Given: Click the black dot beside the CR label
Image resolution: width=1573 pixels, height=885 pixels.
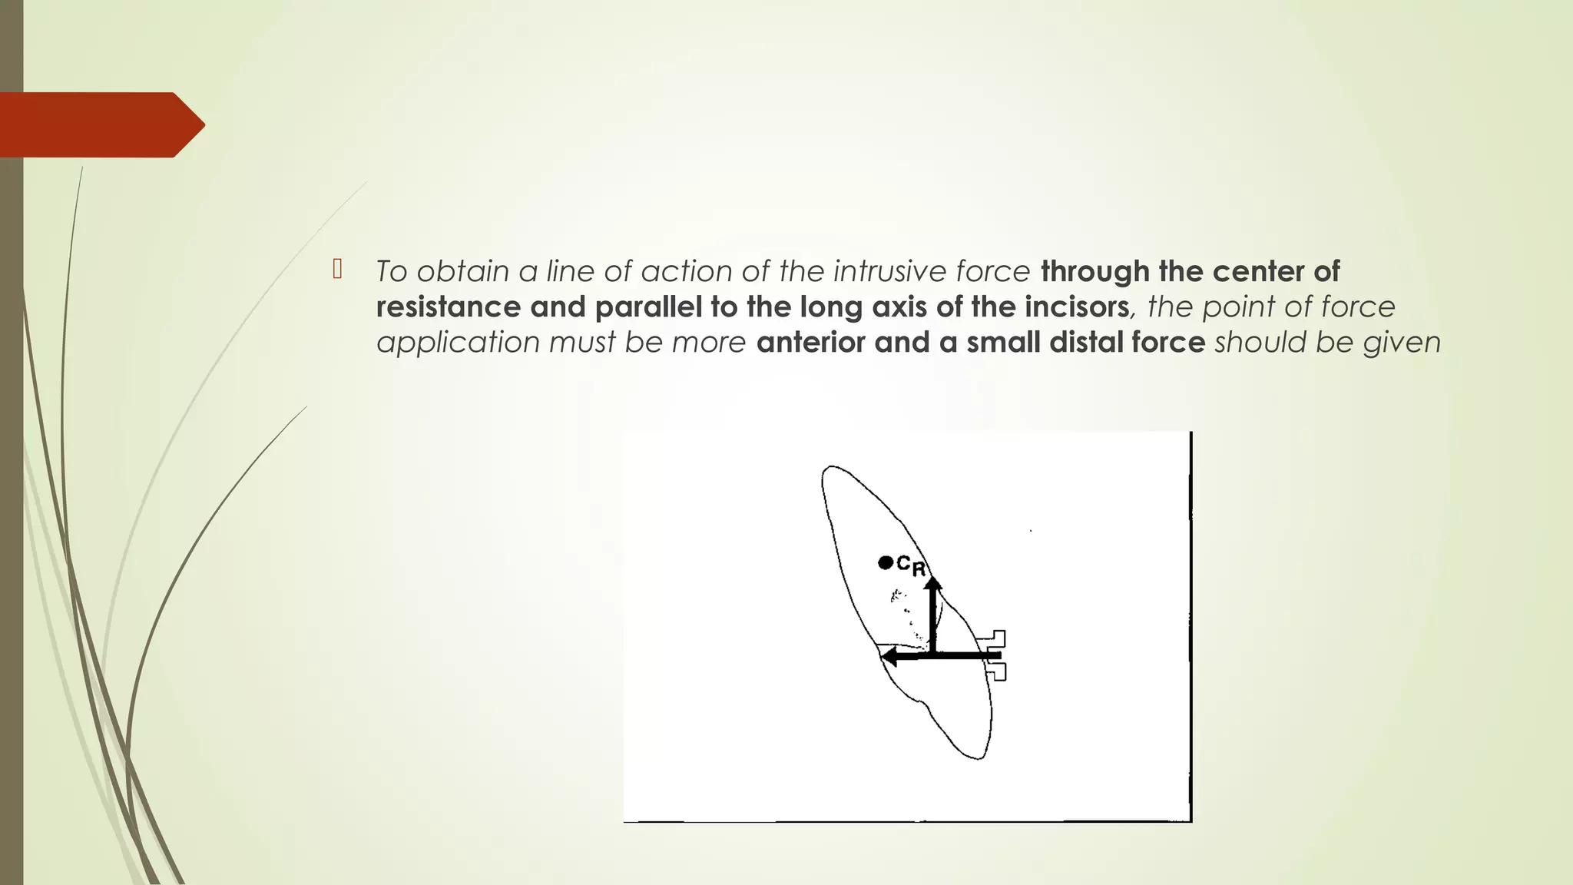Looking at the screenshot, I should pyautogui.click(x=885, y=563).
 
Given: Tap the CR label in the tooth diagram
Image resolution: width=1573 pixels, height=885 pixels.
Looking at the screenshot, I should pyautogui.click(x=912, y=566).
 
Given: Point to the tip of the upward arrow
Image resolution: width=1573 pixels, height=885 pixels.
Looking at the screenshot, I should pyautogui.click(x=933, y=584).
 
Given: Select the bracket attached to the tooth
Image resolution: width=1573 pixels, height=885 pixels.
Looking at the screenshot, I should pyautogui.click(x=995, y=655).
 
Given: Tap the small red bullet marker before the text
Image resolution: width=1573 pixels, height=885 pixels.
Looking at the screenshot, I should pyautogui.click(x=336, y=270).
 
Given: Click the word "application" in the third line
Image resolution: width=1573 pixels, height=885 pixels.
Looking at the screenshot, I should pyautogui.click(x=458, y=342).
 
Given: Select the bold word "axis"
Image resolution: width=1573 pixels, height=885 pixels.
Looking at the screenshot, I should pyautogui.click(x=897, y=307).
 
